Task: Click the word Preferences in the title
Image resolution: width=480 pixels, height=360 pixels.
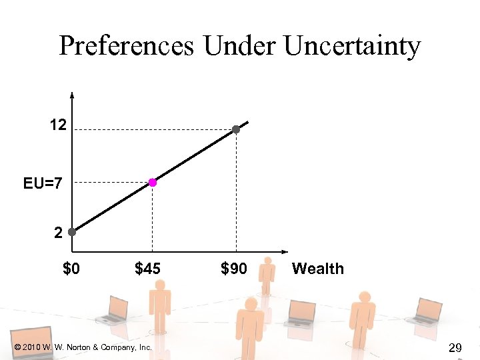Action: pos(127,46)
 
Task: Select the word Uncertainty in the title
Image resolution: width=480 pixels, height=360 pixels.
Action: pos(353,46)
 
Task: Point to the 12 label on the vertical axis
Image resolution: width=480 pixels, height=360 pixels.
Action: pos(57,125)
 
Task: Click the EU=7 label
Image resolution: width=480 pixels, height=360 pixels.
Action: pos(43,183)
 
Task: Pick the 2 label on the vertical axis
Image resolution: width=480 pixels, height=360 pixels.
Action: pos(59,233)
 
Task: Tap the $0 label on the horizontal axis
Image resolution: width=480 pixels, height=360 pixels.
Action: pos(71,269)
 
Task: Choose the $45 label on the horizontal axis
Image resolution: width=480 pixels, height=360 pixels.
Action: pos(147,269)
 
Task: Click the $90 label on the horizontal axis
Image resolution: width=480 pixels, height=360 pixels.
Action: pos(233,269)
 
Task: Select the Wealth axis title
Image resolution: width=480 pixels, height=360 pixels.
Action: pos(318,269)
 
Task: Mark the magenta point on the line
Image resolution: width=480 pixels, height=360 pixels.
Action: pos(153,182)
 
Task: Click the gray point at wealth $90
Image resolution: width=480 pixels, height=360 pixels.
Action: pos(236,129)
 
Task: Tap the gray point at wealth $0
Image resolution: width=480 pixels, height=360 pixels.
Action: pos(71,233)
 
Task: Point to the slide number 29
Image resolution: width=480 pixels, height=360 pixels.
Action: pos(456,347)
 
